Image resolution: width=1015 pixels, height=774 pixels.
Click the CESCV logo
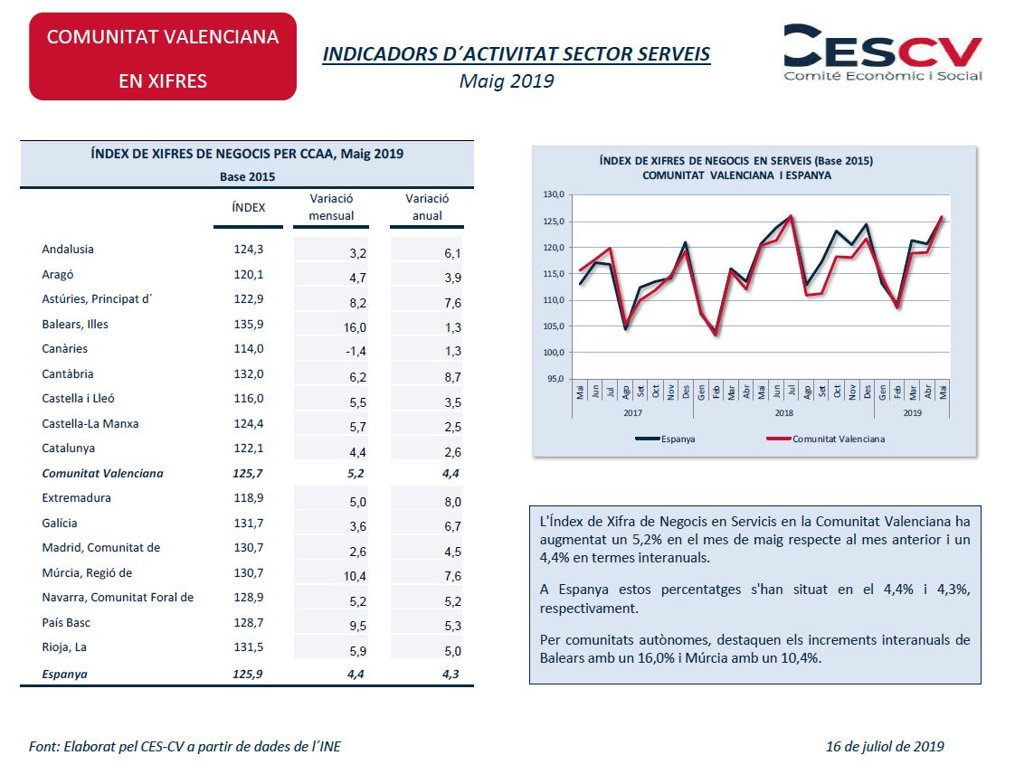click(x=883, y=52)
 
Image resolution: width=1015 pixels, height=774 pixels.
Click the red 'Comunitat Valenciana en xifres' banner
click(x=163, y=57)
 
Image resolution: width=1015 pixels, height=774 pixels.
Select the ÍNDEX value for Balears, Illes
click(x=249, y=325)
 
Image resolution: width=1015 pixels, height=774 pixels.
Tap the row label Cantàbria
click(x=67, y=374)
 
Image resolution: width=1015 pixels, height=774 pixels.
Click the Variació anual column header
click(x=427, y=207)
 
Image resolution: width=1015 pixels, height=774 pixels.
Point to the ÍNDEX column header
click(x=249, y=208)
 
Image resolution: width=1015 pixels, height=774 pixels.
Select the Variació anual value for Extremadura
click(x=452, y=502)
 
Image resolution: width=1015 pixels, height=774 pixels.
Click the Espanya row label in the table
click(x=64, y=675)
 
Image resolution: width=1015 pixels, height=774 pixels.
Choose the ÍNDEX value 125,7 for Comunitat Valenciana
click(x=248, y=474)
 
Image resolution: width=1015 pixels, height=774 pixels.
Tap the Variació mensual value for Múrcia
click(x=355, y=577)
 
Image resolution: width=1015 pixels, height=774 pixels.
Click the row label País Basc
click(x=66, y=623)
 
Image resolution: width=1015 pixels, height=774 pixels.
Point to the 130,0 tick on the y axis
click(x=554, y=194)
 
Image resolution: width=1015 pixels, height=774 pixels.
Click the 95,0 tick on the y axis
click(x=555, y=379)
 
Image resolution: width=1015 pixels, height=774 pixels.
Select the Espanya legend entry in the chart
click(x=665, y=439)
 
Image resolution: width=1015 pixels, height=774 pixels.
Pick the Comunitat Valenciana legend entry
click(x=825, y=439)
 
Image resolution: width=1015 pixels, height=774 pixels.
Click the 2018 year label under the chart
click(x=784, y=413)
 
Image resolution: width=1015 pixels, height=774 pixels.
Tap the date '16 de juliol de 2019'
click(x=885, y=747)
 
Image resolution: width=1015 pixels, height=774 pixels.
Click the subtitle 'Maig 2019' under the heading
click(x=507, y=80)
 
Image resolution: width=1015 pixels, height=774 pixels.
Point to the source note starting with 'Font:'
click(x=185, y=747)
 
